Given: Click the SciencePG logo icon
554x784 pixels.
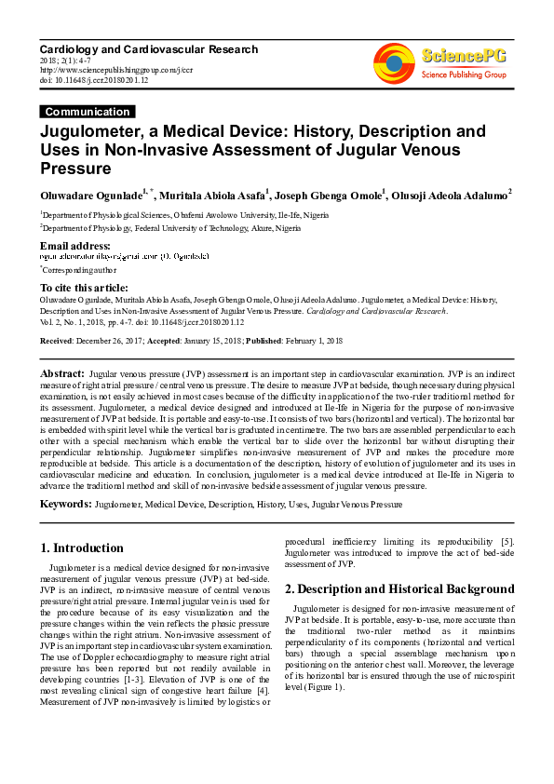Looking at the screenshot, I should [x=393, y=58].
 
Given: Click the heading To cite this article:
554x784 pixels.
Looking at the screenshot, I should [x=84, y=288].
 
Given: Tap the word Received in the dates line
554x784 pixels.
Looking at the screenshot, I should [x=57, y=342].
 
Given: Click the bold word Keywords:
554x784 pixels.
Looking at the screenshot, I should [x=65, y=504].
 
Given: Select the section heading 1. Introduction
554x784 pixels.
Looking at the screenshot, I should [x=83, y=547].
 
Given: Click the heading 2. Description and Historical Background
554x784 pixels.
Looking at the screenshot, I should [x=399, y=588].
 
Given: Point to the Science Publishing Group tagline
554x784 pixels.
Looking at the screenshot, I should [x=464, y=73].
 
